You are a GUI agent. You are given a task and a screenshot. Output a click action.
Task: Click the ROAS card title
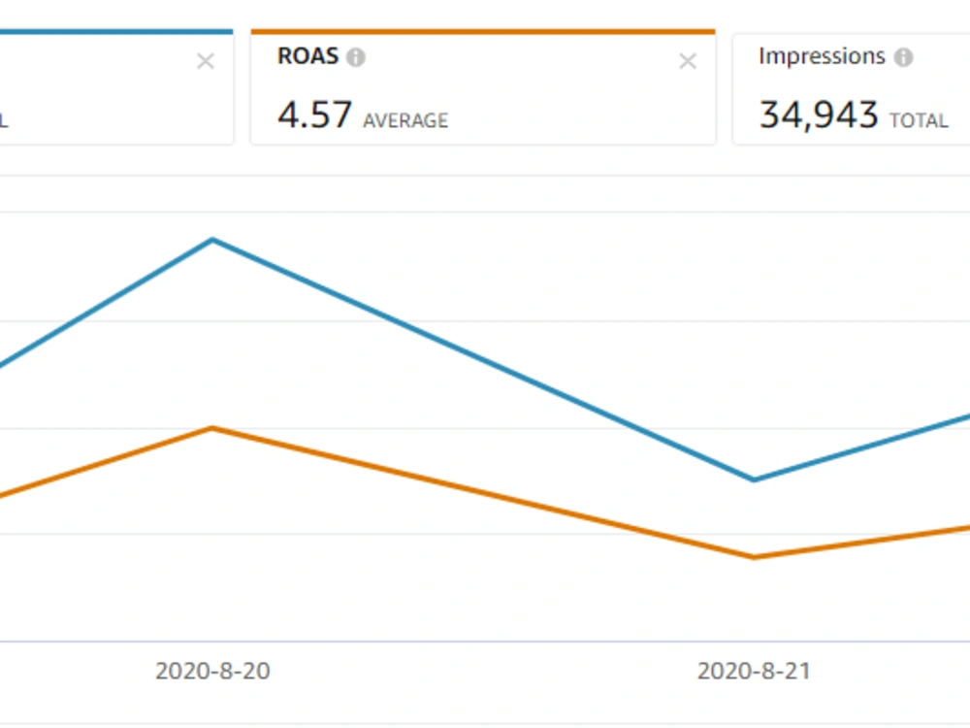click(x=308, y=56)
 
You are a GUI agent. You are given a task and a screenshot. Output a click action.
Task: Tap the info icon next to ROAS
click(x=356, y=57)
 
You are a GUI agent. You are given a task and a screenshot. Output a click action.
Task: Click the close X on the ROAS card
click(x=688, y=61)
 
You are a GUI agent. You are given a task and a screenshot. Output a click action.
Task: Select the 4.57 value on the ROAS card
click(x=315, y=115)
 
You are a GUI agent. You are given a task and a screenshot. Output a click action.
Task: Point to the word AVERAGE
click(x=405, y=120)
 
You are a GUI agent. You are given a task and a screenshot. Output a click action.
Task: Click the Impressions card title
click(x=823, y=56)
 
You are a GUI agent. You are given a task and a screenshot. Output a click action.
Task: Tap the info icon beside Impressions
click(x=904, y=57)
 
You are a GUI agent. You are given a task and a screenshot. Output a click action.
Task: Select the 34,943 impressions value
click(x=819, y=116)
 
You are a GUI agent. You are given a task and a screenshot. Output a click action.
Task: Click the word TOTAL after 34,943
click(x=919, y=120)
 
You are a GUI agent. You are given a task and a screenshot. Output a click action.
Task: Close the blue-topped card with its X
click(x=206, y=61)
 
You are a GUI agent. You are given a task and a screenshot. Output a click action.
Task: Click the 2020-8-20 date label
click(x=212, y=671)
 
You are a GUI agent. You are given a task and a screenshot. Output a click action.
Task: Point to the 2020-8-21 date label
click(x=754, y=671)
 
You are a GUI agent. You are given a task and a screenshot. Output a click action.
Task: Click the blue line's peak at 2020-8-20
click(x=212, y=240)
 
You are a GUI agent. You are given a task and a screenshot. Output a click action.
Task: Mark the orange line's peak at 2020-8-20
click(x=212, y=428)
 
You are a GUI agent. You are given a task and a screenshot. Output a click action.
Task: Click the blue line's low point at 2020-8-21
click(x=754, y=480)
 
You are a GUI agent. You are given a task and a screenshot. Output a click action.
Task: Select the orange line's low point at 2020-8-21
click(x=754, y=557)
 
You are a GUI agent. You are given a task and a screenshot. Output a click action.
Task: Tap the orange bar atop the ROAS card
click(x=483, y=32)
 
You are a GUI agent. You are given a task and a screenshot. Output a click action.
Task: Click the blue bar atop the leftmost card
click(x=116, y=32)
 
